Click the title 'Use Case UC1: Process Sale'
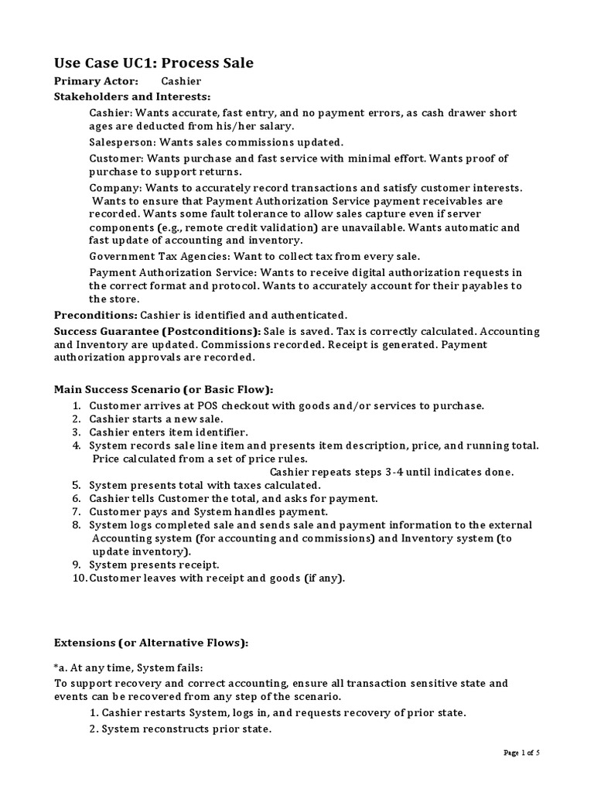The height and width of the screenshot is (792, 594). tap(153, 63)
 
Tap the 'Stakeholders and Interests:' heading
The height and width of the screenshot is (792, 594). tap(131, 97)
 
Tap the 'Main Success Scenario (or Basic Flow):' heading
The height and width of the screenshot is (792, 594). tap(163, 390)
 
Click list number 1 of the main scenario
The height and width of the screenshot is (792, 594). tap(77, 405)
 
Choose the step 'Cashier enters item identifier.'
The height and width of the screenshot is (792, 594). tap(168, 432)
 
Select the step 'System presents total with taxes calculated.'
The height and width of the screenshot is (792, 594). tap(204, 485)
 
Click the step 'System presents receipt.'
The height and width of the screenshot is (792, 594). tap(154, 565)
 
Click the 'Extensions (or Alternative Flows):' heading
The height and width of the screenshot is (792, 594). tap(151, 643)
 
